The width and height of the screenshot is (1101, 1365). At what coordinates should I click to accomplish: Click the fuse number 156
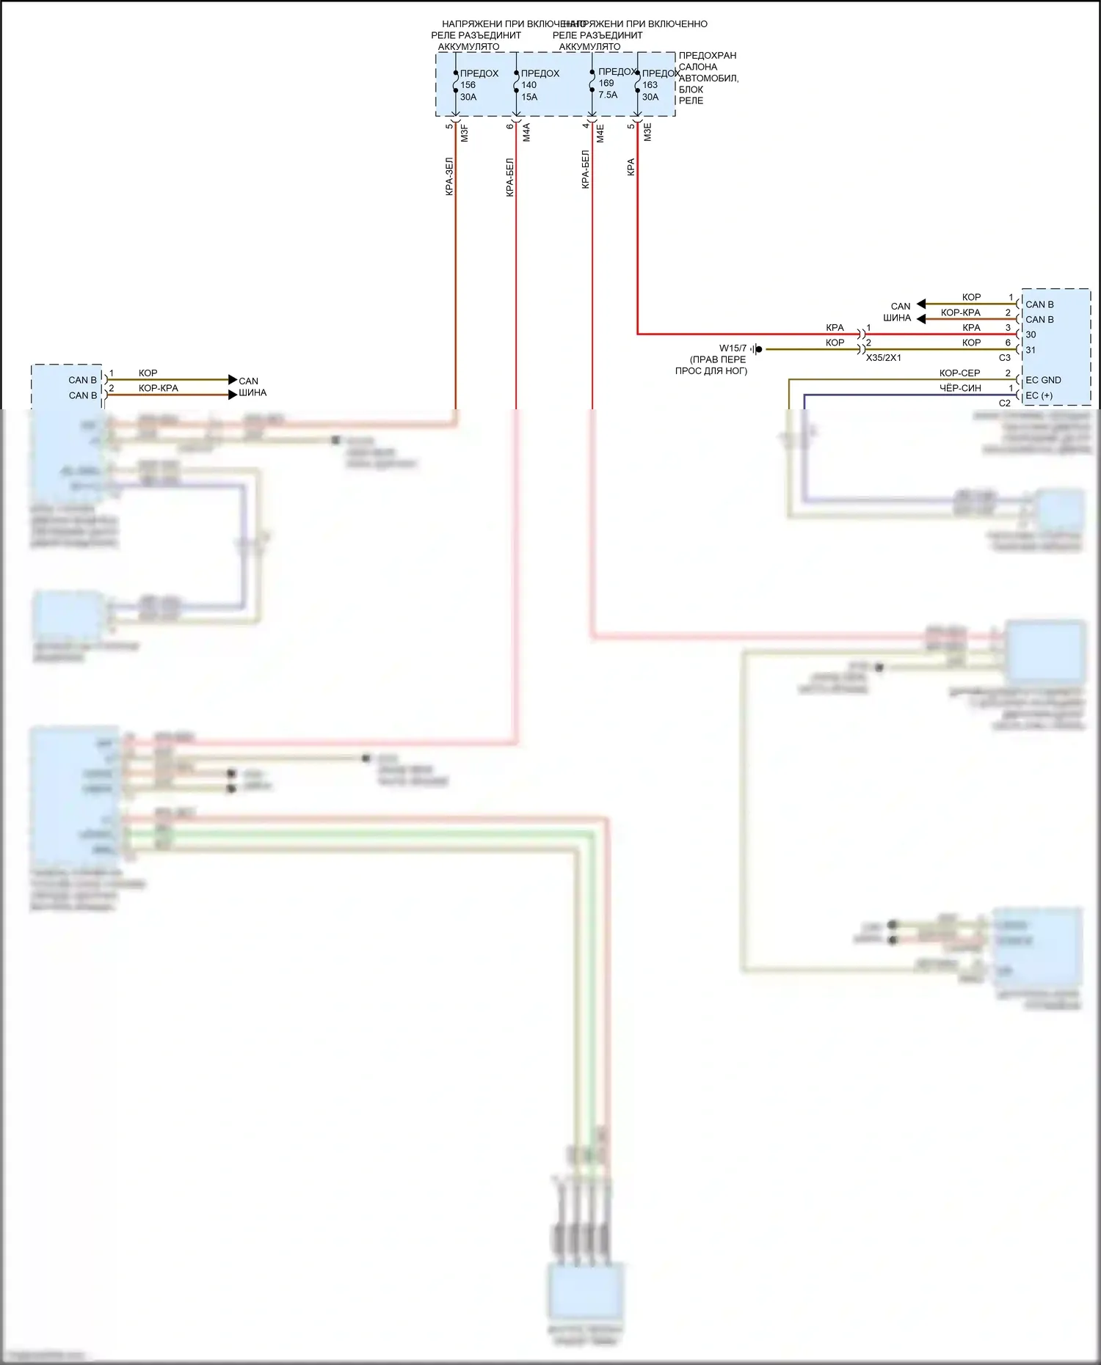pos(468,85)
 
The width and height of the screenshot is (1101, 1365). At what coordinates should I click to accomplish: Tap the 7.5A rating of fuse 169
pos(608,95)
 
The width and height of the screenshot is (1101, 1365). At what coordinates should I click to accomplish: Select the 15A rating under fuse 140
pos(529,97)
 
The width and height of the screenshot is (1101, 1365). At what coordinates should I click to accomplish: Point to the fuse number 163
pos(650,85)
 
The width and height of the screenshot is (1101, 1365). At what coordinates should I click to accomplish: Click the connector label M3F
pos(464,133)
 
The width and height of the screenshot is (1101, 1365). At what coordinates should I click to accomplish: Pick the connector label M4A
pos(526,133)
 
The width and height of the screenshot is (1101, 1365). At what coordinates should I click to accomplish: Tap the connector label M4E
pos(600,133)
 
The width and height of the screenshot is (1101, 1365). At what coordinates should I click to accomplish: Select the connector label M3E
pos(647,132)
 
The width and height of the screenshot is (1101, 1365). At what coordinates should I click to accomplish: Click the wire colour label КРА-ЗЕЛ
pos(449,177)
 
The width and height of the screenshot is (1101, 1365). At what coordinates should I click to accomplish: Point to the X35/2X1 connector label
pos(883,358)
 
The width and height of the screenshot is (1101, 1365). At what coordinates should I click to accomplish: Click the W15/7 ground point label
pos(733,348)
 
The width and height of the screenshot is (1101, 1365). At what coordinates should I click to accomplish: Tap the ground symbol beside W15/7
pos(757,349)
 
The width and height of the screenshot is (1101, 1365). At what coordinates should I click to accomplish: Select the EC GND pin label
pos(1043,380)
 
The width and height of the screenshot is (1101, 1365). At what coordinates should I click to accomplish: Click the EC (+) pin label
pos(1039,395)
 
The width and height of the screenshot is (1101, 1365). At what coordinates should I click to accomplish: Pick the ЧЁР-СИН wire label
pos(959,388)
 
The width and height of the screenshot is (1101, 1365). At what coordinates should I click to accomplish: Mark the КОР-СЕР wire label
pos(959,373)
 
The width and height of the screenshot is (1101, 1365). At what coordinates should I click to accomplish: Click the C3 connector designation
pos(1004,358)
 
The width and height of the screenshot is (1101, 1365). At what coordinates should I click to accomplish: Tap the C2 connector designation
pos(1004,403)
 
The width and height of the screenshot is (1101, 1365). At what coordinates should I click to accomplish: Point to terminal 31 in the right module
pos(1031,350)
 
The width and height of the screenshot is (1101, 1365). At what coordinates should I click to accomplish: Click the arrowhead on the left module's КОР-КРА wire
pos(233,395)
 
